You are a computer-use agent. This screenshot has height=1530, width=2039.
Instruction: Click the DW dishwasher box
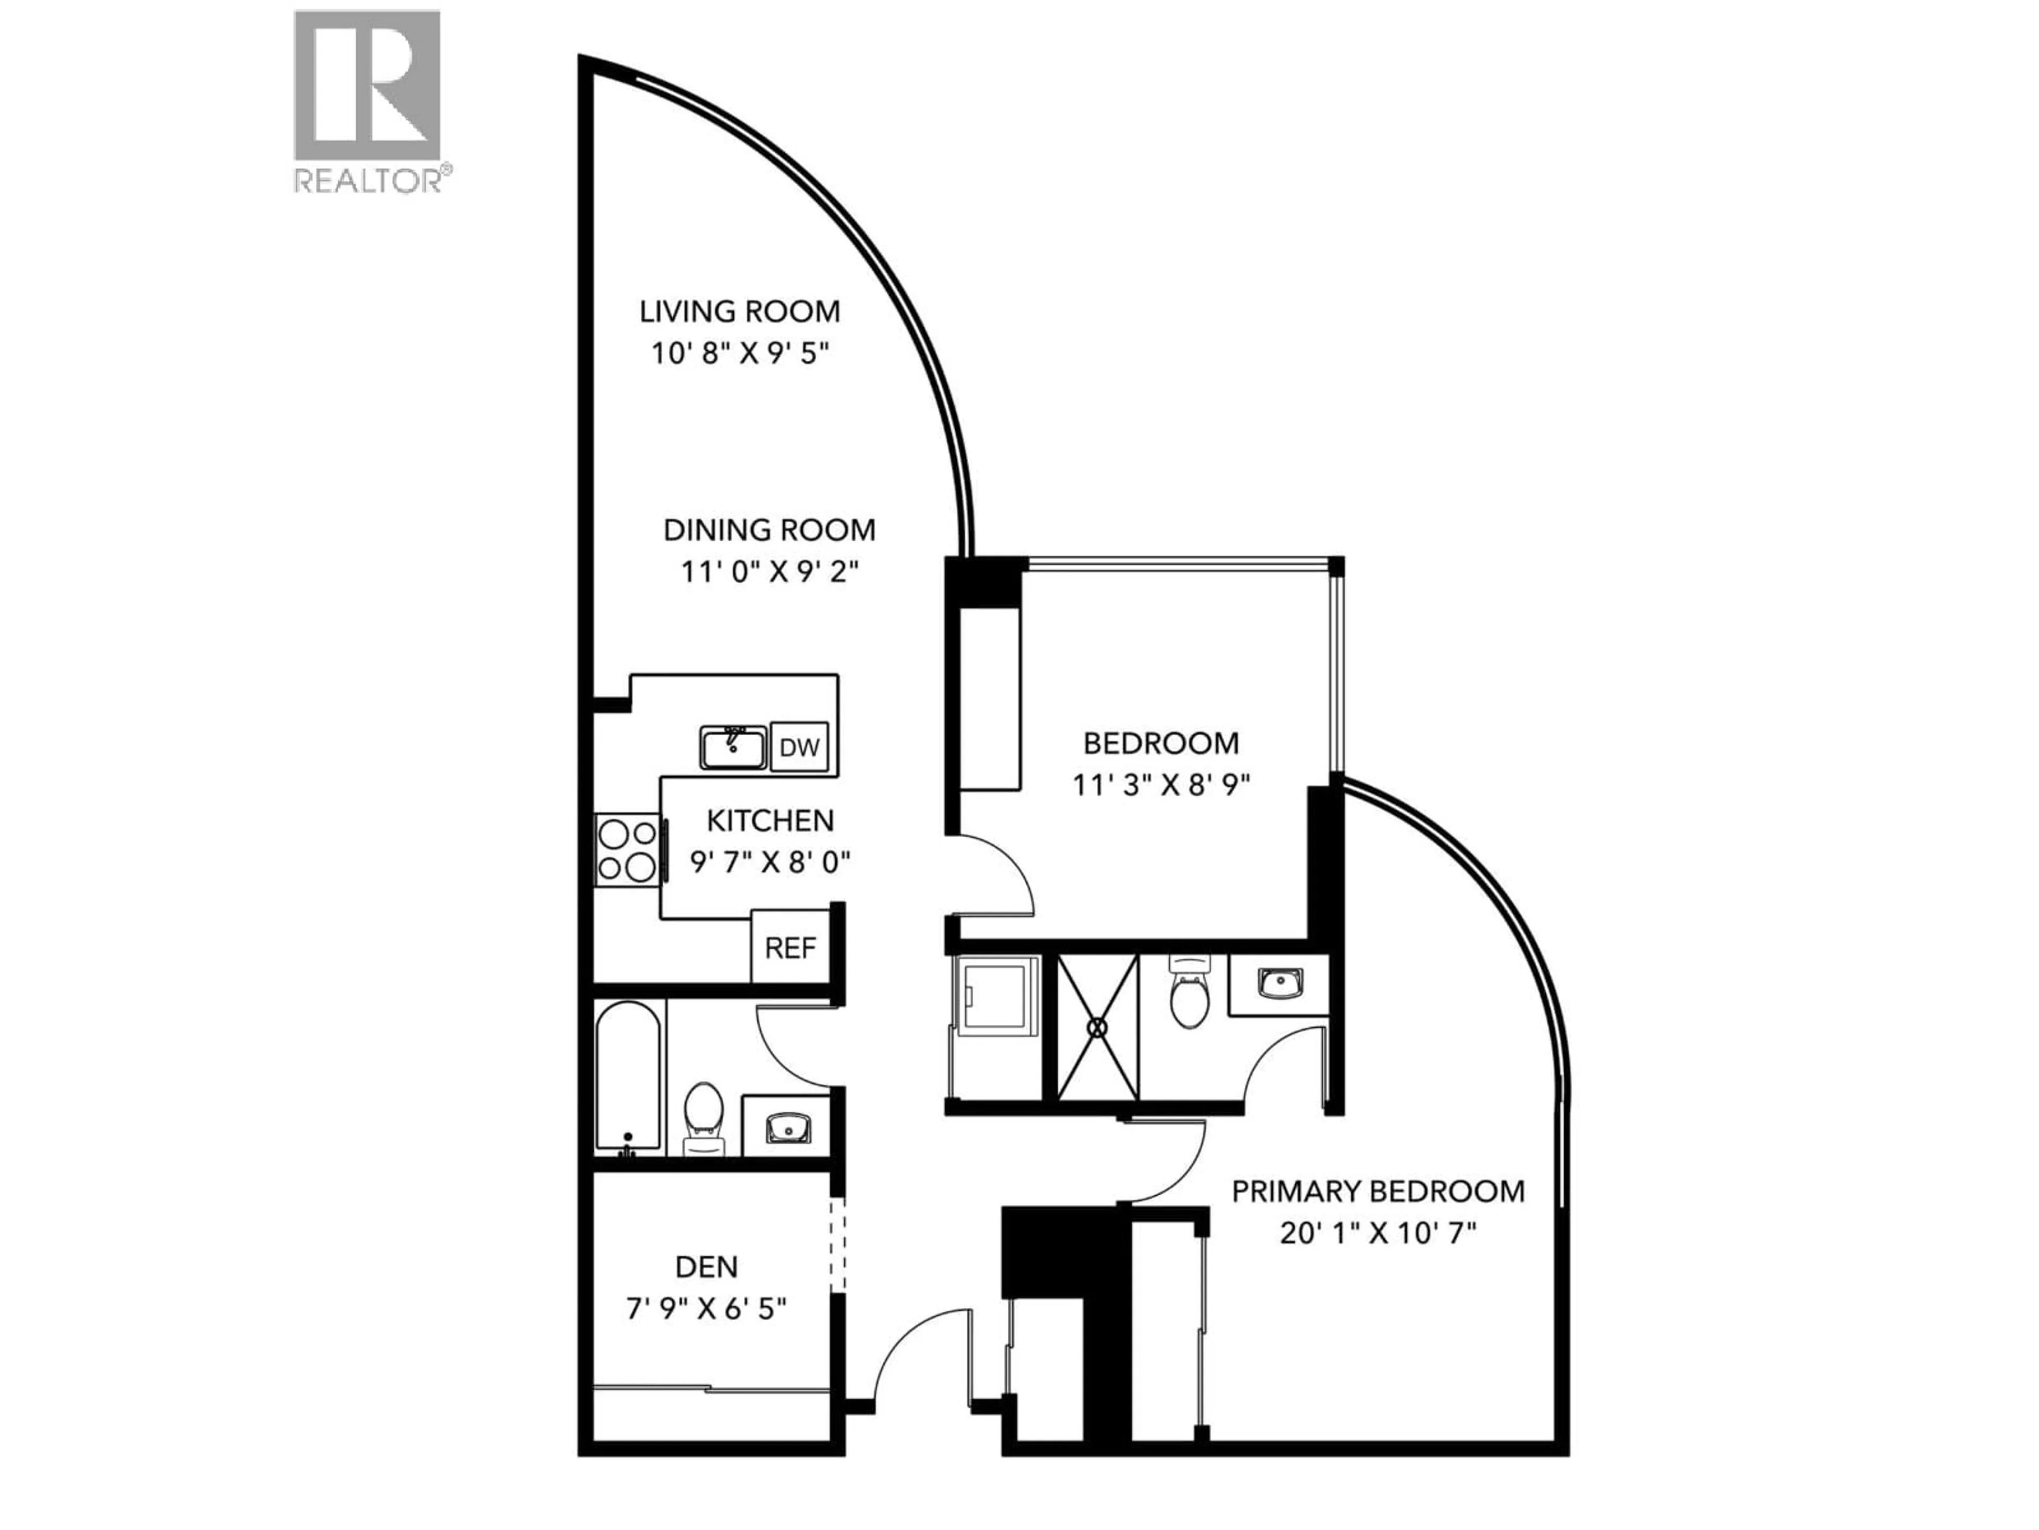[x=799, y=747]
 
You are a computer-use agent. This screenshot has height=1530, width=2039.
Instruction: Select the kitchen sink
[x=733, y=747]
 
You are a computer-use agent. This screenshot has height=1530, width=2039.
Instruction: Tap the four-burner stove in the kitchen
[x=627, y=851]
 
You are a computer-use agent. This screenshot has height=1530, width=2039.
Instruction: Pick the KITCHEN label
[x=770, y=820]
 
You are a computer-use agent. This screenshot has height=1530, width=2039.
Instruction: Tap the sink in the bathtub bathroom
[x=788, y=1126]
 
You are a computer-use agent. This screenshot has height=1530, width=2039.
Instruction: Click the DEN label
[x=706, y=1266]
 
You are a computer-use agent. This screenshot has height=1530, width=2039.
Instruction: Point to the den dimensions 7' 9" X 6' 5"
[x=706, y=1308]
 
